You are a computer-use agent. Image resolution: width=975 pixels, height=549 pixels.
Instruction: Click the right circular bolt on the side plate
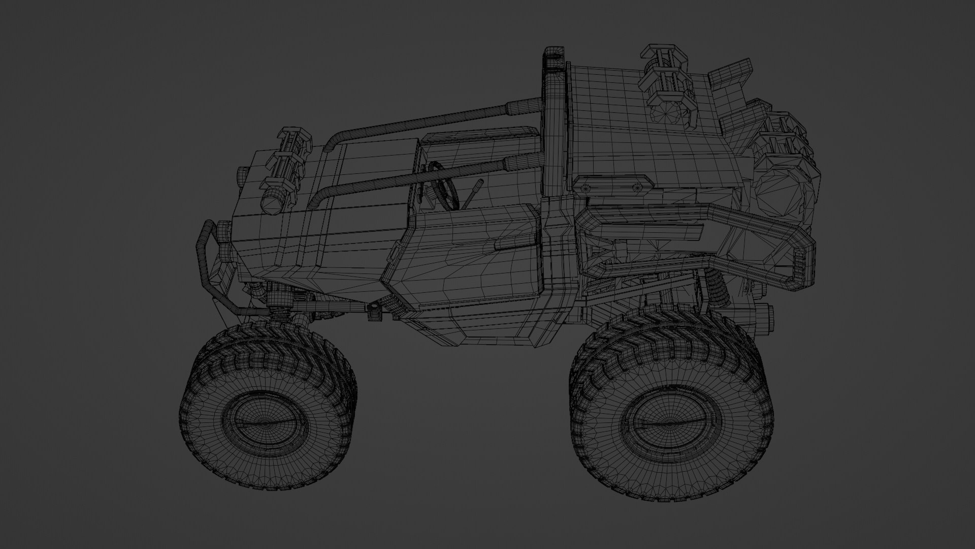637,187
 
